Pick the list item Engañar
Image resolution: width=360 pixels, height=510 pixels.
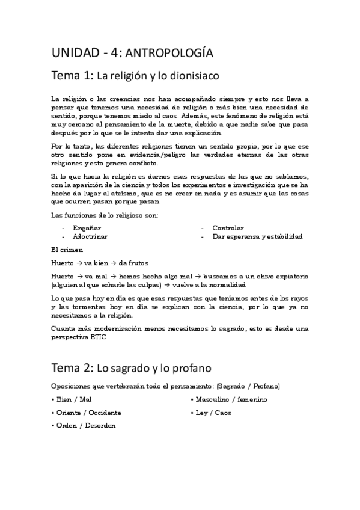(x=87, y=228)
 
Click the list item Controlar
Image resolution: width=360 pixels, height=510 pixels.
(x=228, y=228)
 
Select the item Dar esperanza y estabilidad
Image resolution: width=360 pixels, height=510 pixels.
(x=257, y=236)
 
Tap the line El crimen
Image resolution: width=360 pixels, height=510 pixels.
(x=67, y=250)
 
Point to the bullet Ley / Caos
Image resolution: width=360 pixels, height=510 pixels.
(x=212, y=413)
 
